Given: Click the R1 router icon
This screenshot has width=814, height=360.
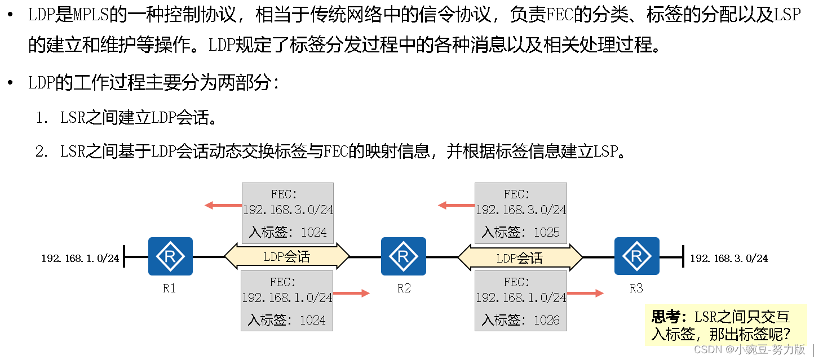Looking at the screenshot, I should [170, 256].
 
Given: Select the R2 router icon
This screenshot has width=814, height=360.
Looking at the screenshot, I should [403, 256].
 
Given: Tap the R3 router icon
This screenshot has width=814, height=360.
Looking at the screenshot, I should [636, 256].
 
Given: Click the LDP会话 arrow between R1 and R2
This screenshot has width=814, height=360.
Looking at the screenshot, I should [287, 257].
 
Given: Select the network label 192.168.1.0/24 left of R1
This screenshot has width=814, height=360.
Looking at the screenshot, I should [80, 259].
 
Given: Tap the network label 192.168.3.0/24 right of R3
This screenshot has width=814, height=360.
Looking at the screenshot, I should [729, 259].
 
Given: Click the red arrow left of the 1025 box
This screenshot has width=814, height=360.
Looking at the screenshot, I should [456, 206].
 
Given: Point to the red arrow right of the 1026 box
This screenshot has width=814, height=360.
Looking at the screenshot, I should [585, 293].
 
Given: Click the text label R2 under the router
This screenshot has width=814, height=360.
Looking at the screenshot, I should [404, 288].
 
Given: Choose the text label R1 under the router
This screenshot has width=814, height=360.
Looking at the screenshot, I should [169, 288].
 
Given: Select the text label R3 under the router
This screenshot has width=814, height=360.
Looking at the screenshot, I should [636, 288].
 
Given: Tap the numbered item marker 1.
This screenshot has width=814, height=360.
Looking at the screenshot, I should [41, 118].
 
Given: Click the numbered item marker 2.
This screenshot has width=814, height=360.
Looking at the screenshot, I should [41, 152].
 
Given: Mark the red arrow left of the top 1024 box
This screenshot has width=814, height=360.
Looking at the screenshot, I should [223, 206].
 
